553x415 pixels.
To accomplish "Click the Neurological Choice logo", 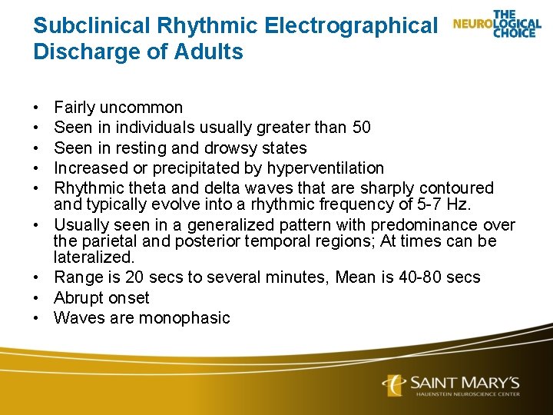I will click(x=497, y=25).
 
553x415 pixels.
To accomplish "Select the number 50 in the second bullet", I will click(x=361, y=128).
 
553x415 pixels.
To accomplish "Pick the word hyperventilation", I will click(x=326, y=168).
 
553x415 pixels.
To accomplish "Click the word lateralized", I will click(x=94, y=257).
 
